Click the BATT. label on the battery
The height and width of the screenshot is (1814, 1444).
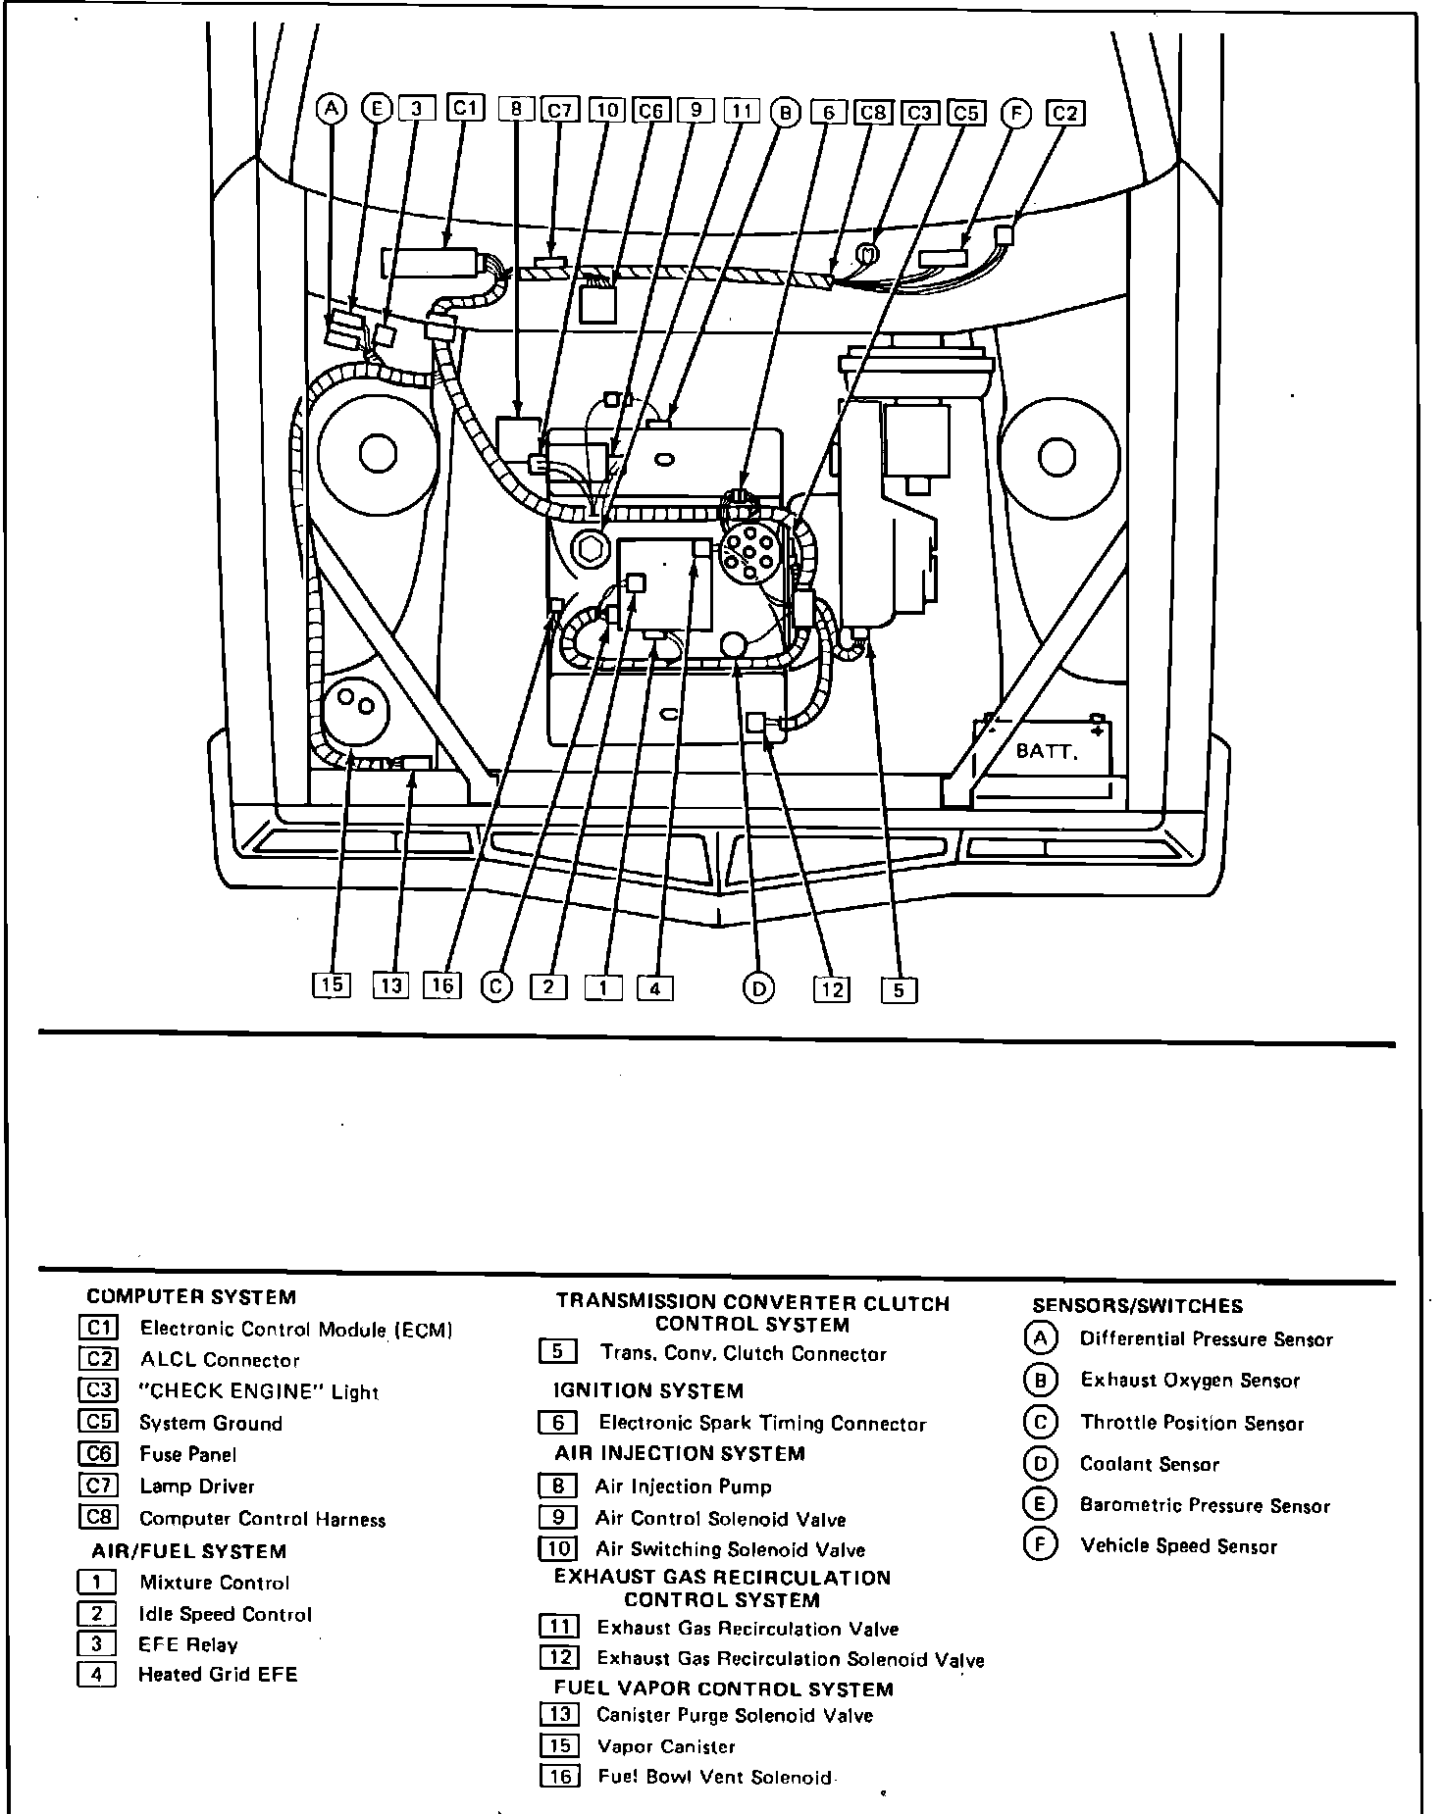coord(1046,752)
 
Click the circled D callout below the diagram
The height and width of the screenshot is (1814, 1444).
coord(758,988)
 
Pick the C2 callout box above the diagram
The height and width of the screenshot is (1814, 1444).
coord(1065,113)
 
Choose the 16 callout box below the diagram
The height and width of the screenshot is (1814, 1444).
coord(442,984)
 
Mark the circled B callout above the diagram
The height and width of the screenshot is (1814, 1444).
coord(785,112)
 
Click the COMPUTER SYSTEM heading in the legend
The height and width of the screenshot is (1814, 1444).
coord(191,1297)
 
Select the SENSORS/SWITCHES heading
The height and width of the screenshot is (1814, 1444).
coord(1137,1306)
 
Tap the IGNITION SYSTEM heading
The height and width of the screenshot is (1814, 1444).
coord(648,1390)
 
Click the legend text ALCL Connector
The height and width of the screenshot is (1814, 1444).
coord(220,1360)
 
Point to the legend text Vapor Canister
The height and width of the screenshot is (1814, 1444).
coord(666,1746)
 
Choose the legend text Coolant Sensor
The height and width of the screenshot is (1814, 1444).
coord(1149,1464)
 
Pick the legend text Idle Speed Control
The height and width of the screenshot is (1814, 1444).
coord(226,1614)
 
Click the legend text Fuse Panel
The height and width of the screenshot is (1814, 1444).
coord(188,1454)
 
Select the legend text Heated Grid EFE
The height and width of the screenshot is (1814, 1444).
coord(218,1675)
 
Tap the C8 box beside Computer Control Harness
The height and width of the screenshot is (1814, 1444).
coord(98,1518)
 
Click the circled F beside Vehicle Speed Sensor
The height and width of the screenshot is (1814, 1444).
coord(1040,1545)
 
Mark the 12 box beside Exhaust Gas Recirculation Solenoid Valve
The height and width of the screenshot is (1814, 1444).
coord(558,1658)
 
